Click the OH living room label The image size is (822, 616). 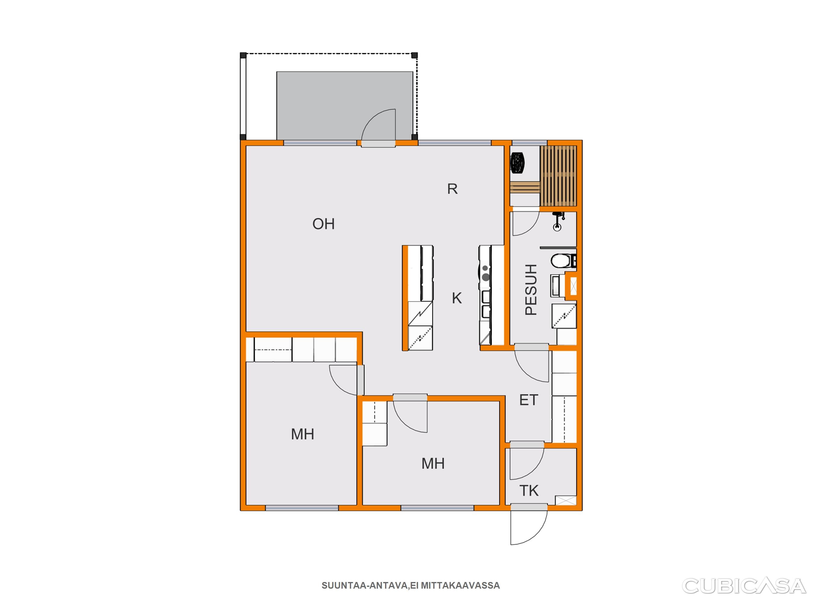coord(323,224)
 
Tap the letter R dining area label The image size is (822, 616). coord(452,189)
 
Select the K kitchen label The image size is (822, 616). coord(457,298)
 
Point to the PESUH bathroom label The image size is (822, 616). coord(531,290)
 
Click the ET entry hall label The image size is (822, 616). coord(528,400)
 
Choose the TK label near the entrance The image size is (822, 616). coord(529,491)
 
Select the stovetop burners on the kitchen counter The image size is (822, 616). coord(485,273)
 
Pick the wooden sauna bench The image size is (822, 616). coord(558,176)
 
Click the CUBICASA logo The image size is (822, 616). coord(744,586)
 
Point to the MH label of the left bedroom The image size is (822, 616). coord(303,434)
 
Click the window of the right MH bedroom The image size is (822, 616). coord(437,508)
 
